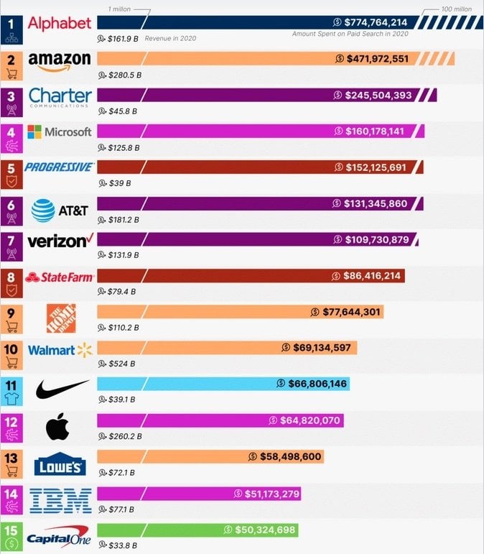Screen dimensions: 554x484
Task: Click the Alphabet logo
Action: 60,22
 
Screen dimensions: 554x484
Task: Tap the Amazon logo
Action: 60,60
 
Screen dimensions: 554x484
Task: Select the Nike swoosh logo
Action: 62,389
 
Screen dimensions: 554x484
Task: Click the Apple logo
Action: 57,427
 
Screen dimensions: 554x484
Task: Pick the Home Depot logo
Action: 61,317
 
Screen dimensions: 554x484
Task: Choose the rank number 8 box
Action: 11,277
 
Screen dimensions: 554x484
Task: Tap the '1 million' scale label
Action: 119,9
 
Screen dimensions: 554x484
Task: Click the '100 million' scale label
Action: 457,9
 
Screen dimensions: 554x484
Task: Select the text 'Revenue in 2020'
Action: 170,37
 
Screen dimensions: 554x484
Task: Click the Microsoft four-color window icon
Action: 34,131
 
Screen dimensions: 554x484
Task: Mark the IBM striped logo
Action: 61,499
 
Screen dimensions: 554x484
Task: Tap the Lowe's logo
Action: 60,465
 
